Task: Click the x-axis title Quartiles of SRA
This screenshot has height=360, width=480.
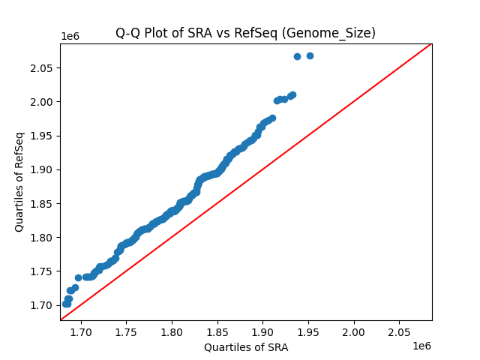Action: (246, 347)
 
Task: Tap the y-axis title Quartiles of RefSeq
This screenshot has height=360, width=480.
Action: (19, 181)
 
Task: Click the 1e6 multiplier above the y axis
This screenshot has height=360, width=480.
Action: (70, 37)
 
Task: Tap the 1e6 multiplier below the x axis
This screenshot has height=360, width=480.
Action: (421, 346)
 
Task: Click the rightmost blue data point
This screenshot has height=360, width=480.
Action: (310, 55)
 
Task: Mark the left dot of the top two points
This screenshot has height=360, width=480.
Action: (297, 56)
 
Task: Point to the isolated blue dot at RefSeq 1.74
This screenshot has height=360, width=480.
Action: (78, 277)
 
